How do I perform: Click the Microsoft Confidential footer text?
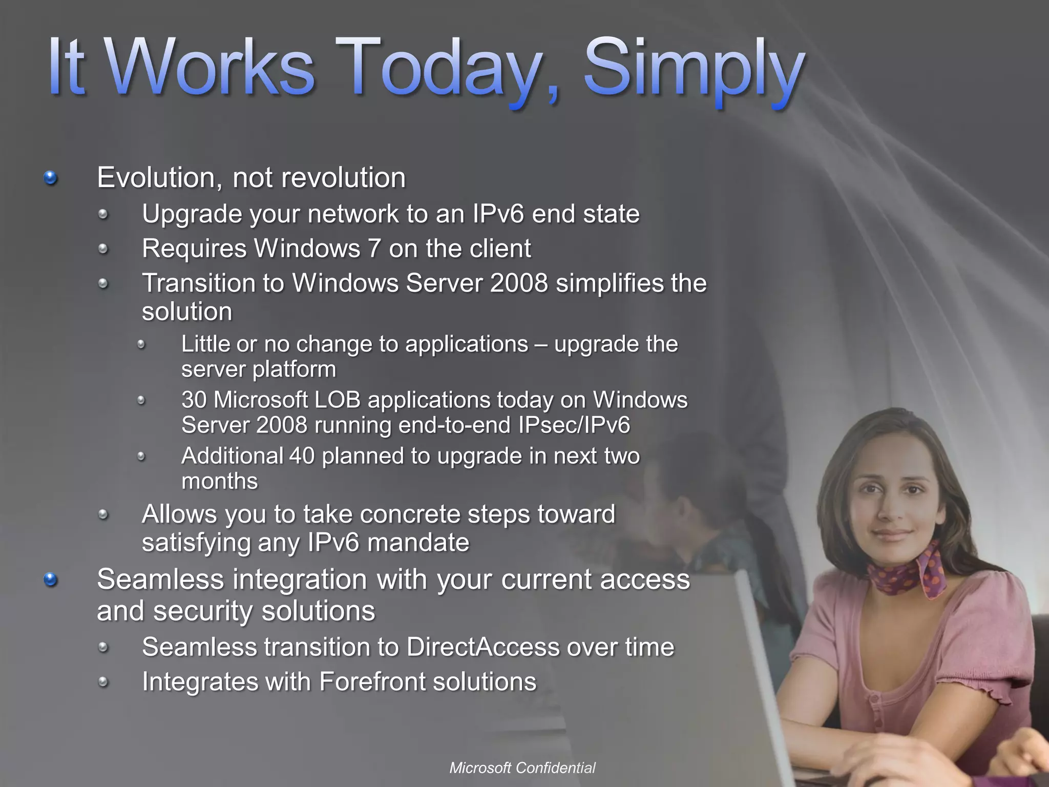pos(522,768)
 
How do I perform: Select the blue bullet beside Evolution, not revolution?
pos(50,178)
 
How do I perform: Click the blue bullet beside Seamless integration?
pos(50,580)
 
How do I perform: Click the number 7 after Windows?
pos(374,248)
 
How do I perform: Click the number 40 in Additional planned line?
pos(302,455)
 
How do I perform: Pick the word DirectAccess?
pos(482,647)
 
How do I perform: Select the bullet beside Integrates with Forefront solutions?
pos(103,682)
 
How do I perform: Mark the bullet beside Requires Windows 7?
pos(103,249)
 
